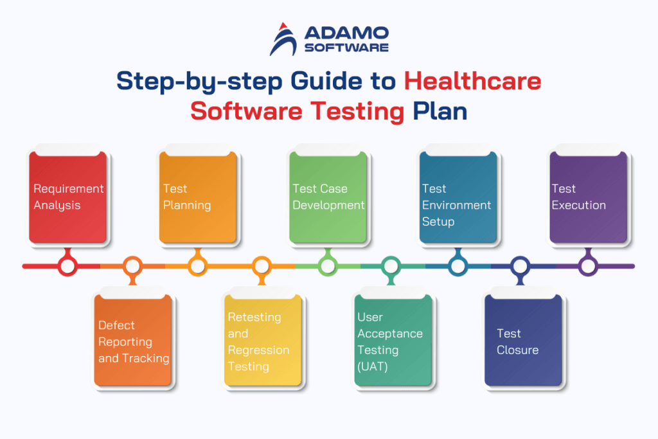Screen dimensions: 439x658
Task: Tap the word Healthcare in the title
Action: (472, 82)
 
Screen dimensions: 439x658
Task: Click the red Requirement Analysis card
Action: (68, 197)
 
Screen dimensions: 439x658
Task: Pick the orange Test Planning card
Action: (198, 197)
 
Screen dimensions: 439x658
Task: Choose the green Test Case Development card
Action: (328, 197)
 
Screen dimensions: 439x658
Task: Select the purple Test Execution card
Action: (587, 197)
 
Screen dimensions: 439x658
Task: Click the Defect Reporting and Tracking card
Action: (133, 341)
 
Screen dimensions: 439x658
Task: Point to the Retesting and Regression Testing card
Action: (262, 341)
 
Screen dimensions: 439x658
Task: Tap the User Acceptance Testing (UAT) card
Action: (392, 341)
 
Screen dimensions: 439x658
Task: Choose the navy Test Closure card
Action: (522, 341)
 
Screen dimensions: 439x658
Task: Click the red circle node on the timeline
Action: (67, 265)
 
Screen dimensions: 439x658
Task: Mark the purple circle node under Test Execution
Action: (587, 265)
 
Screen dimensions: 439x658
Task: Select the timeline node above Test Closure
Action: (520, 265)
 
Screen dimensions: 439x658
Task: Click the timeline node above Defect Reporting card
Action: (132, 265)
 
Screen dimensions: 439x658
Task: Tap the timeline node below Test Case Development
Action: (327, 265)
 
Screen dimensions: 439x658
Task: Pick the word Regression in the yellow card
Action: (259, 350)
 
